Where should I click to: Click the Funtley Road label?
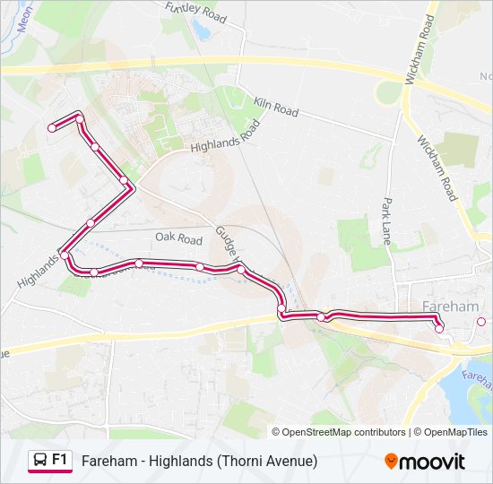point(196,11)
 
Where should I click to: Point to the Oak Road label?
point(178,239)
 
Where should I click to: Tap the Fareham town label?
point(449,307)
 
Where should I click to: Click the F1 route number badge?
point(60,460)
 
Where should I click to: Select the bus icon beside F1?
point(40,461)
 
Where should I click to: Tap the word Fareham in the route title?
point(108,461)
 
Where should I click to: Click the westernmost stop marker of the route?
point(52,128)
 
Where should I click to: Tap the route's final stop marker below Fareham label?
point(439,329)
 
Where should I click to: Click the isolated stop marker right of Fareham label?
point(481,322)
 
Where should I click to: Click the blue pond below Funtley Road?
point(200,31)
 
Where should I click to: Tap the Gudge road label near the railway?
point(226,242)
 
